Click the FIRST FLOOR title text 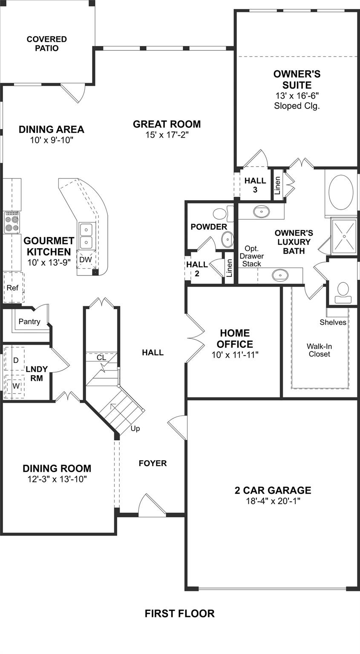pos(179,614)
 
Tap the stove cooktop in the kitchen pos(12,222)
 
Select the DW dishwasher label pos(85,259)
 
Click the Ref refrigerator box pos(12,288)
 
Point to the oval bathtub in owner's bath pos(341,192)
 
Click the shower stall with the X pos(344,235)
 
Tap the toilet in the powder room pos(220,214)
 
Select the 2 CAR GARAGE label pos(273,490)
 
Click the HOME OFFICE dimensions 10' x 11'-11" pos(235,354)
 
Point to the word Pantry pos(29,321)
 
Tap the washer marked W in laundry pos(16,386)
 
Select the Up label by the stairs pos(135,428)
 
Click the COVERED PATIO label pos(47,44)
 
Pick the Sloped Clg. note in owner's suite pos(297,106)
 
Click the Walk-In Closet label pos(320,350)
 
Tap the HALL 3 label pos(255,185)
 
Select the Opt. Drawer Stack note pos(251,256)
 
